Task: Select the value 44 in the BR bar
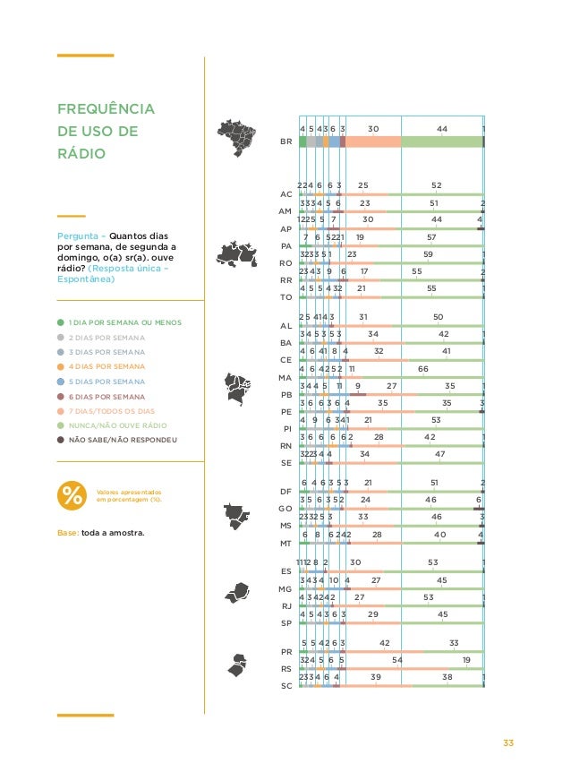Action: (442, 130)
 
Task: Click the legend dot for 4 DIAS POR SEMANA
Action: (60, 367)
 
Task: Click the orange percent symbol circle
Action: (72, 496)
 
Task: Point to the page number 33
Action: (508, 742)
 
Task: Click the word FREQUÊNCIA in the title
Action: (105, 110)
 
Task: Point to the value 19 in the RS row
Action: (466, 659)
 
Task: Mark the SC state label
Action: (286, 686)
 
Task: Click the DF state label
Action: (285, 492)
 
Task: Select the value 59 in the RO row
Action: (429, 253)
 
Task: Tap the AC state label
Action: (285, 193)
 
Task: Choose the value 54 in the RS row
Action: (397, 659)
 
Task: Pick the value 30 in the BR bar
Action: (373, 130)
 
